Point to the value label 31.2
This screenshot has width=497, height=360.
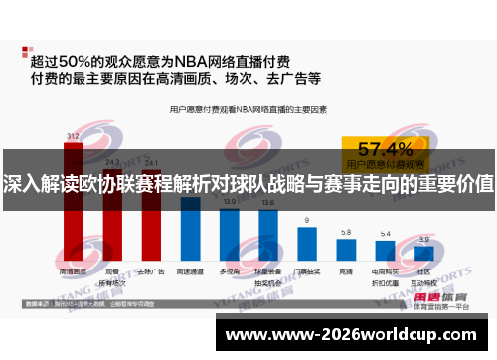pyautogui.click(x=74, y=135)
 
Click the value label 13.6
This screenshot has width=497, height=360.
pyautogui.click(x=268, y=202)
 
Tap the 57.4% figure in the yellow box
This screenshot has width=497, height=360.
pyautogui.click(x=385, y=149)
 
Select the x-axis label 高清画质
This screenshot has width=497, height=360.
pyautogui.click(x=74, y=270)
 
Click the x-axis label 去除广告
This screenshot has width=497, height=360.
pyautogui.click(x=151, y=270)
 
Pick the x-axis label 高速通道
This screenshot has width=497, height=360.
pyautogui.click(x=190, y=270)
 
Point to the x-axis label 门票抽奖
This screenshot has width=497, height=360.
pyautogui.click(x=307, y=270)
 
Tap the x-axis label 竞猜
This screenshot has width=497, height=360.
pyautogui.click(x=345, y=270)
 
